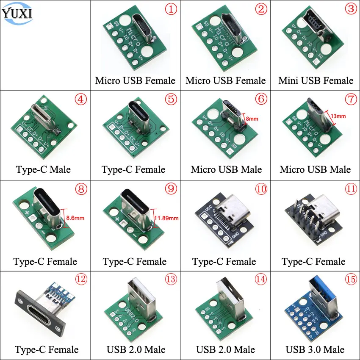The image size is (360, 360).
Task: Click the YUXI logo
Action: [x=17, y=13]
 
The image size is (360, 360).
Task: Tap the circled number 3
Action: [x=350, y=10]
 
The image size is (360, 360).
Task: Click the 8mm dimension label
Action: [x=252, y=119]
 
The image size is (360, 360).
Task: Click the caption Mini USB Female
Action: [x=316, y=80]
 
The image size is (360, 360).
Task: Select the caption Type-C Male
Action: [x=43, y=170]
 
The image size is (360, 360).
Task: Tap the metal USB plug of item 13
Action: [x=138, y=296]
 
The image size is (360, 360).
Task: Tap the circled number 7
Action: [x=350, y=100]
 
